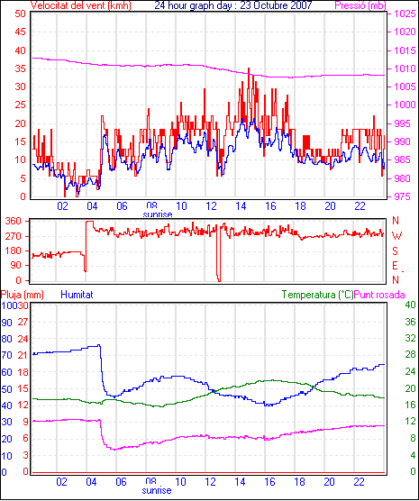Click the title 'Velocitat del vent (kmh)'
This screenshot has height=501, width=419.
tap(81, 5)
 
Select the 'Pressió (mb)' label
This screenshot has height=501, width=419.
tap(360, 5)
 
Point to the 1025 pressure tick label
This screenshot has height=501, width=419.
tap(405, 14)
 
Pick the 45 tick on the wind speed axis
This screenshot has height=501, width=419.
tap(20, 32)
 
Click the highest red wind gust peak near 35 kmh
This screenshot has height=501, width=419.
tap(249, 68)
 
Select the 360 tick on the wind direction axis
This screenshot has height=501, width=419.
tap(13, 221)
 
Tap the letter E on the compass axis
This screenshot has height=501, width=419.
tap(396, 266)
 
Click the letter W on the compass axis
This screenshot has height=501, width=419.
tap(396, 236)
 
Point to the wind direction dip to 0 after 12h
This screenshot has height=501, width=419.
tap(219, 281)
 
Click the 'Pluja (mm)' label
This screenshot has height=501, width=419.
tap(22, 295)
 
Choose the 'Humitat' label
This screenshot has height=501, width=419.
tap(77, 295)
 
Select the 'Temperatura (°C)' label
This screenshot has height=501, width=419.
tap(318, 295)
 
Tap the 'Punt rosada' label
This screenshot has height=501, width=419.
tap(379, 295)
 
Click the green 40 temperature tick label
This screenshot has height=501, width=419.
tap(410, 305)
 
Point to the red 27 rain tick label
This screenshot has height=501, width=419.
tap(23, 322)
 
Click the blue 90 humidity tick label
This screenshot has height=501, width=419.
tap(6, 323)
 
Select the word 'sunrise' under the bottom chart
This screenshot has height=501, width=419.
tap(157, 490)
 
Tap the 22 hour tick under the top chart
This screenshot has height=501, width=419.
tap(360, 206)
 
